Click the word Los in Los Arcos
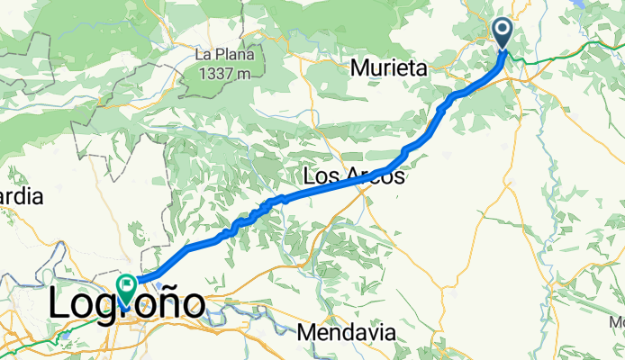(x=324, y=177)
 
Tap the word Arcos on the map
(x=375, y=177)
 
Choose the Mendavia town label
(x=349, y=332)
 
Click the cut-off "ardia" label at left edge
(x=20, y=198)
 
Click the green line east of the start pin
(x=558, y=58)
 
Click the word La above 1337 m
(x=205, y=54)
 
